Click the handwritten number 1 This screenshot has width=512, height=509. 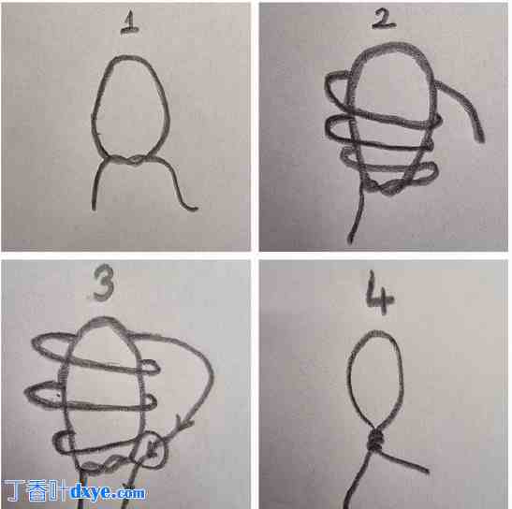click(130, 22)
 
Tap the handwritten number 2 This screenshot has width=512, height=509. click(384, 19)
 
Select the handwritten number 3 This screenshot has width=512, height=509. click(103, 283)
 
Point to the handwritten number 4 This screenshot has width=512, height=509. click(379, 293)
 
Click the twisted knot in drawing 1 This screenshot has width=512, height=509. click(131, 160)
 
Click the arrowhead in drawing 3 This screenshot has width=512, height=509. click(183, 423)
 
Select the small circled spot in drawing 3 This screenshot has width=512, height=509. click(151, 450)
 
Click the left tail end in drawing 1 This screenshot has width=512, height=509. click(94, 208)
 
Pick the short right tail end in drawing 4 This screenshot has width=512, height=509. click(426, 470)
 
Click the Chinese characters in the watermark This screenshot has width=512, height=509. click(36, 491)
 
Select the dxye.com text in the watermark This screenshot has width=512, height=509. click(108, 492)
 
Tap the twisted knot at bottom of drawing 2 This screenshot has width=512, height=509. click(387, 187)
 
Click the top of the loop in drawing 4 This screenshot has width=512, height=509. click(375, 332)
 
